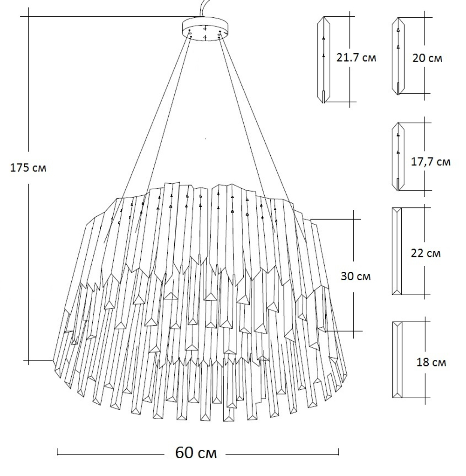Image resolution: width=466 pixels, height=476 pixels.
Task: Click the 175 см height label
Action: (x=28, y=168)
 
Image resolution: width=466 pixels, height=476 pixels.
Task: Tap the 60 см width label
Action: (x=196, y=452)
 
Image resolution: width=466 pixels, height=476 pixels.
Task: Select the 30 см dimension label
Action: (x=356, y=276)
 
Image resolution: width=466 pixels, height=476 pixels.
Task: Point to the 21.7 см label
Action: (x=356, y=58)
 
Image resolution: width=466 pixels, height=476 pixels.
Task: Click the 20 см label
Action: (x=428, y=58)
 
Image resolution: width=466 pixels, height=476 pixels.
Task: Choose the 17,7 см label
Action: (x=431, y=162)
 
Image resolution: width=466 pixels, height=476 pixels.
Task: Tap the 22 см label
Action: (x=426, y=254)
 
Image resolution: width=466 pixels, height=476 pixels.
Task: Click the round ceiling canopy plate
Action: (x=205, y=29)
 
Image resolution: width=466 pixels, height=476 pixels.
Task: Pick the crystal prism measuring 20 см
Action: (x=398, y=56)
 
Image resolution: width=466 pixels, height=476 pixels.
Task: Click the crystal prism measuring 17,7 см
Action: (x=397, y=157)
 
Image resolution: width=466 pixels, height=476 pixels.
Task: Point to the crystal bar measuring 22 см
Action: (x=397, y=251)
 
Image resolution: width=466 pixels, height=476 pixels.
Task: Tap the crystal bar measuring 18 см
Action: (x=397, y=359)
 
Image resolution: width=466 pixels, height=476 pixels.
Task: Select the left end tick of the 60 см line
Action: (x=57, y=452)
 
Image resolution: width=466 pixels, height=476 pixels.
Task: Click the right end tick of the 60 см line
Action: (x=339, y=452)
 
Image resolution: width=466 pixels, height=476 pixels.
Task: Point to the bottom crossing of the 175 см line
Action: (x=29, y=360)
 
